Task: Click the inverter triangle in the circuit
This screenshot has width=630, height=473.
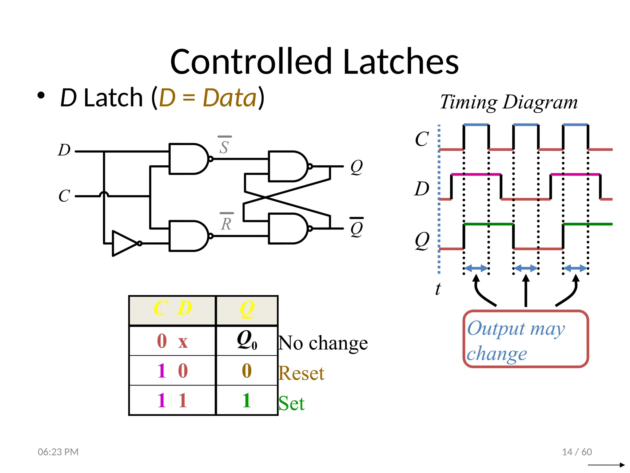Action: coord(124,243)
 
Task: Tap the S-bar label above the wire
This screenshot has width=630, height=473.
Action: coord(224,146)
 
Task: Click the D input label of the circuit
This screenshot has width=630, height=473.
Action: coord(64,150)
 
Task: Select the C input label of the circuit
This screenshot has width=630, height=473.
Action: coord(64,196)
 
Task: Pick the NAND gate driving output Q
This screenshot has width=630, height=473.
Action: coord(287,166)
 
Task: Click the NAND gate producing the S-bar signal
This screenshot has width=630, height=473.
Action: coord(188,159)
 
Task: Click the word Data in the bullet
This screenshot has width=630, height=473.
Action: coord(229,98)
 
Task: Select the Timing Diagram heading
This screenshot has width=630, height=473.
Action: coord(509,102)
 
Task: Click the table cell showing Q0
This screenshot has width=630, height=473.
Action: coord(247,341)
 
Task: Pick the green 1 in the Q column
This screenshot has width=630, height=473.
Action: coord(246,400)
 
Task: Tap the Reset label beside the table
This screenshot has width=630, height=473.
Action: coord(301,374)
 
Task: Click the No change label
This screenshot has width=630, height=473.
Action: coord(323,343)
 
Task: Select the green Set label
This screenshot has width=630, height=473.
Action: coord(291,403)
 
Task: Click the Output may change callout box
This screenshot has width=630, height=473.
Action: coord(525,339)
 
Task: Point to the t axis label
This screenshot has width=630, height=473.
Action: coord(438,289)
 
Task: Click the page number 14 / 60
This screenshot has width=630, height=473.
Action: coord(577,452)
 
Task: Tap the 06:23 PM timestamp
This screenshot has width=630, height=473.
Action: coord(58,452)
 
